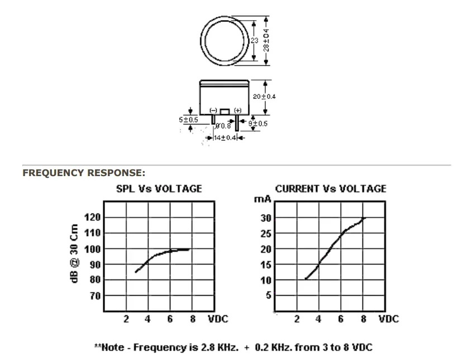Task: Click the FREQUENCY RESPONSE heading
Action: (84, 173)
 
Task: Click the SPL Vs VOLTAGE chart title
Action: (159, 188)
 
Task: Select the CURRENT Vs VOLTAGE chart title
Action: (331, 188)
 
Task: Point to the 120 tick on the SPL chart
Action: (92, 217)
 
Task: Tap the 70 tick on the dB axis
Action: (95, 296)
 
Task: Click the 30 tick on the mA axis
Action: (266, 218)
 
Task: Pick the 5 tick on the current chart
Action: (269, 295)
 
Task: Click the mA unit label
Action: (263, 199)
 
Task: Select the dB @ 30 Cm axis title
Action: (74, 253)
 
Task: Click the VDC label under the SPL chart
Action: (218, 319)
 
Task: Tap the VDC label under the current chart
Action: (389, 319)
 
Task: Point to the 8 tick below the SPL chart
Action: (193, 319)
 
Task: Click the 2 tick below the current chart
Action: (297, 319)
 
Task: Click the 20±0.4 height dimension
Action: (264, 97)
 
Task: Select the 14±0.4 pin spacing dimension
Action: (225, 138)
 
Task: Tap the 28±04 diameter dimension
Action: (266, 40)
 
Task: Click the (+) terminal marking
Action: (238, 110)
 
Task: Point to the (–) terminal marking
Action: (213, 110)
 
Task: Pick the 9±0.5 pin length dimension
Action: (258, 124)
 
